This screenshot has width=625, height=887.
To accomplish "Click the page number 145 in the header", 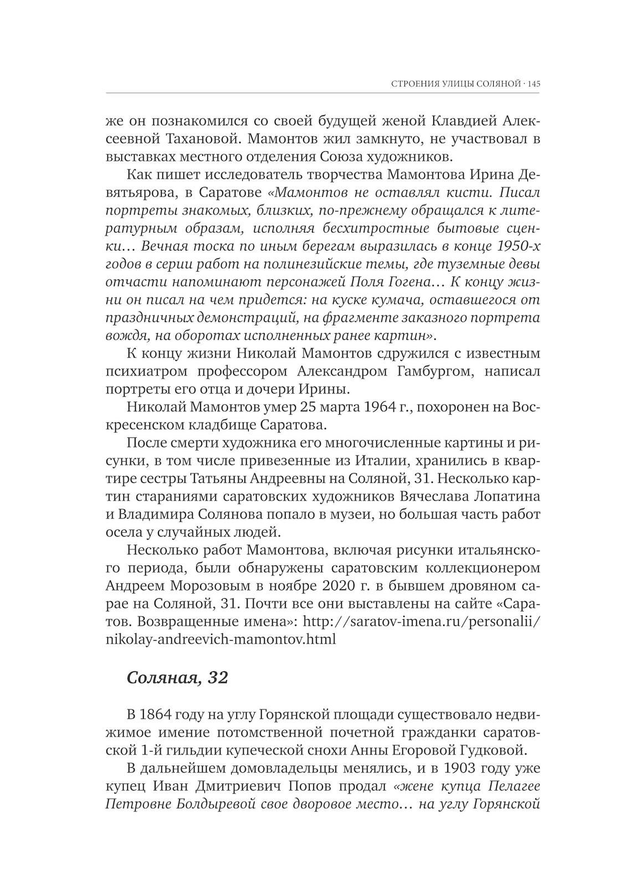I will [534, 84].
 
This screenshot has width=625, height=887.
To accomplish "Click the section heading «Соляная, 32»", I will [177, 677].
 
